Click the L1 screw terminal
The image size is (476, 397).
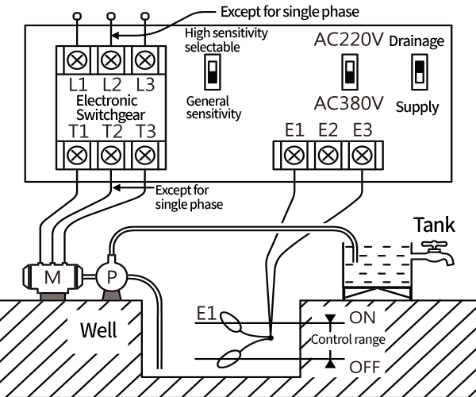(x=77, y=60)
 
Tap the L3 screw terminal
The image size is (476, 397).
(x=145, y=60)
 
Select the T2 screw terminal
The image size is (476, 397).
(x=111, y=155)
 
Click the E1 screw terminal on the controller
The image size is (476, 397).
(x=294, y=155)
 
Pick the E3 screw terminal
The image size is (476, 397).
(x=362, y=155)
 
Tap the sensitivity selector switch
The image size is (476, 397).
(x=213, y=72)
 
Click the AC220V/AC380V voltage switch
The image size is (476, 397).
(x=350, y=72)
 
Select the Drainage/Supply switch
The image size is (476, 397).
(x=420, y=72)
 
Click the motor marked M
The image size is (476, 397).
(x=52, y=277)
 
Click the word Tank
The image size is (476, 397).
(x=435, y=225)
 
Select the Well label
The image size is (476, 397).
(x=98, y=330)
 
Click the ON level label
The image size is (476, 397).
(x=363, y=318)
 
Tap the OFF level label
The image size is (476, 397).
(x=365, y=367)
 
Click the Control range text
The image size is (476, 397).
(x=348, y=339)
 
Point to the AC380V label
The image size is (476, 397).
(x=349, y=103)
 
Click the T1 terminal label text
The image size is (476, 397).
(x=79, y=131)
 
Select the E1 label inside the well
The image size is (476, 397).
(x=206, y=313)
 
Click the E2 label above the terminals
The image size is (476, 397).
(x=328, y=130)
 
